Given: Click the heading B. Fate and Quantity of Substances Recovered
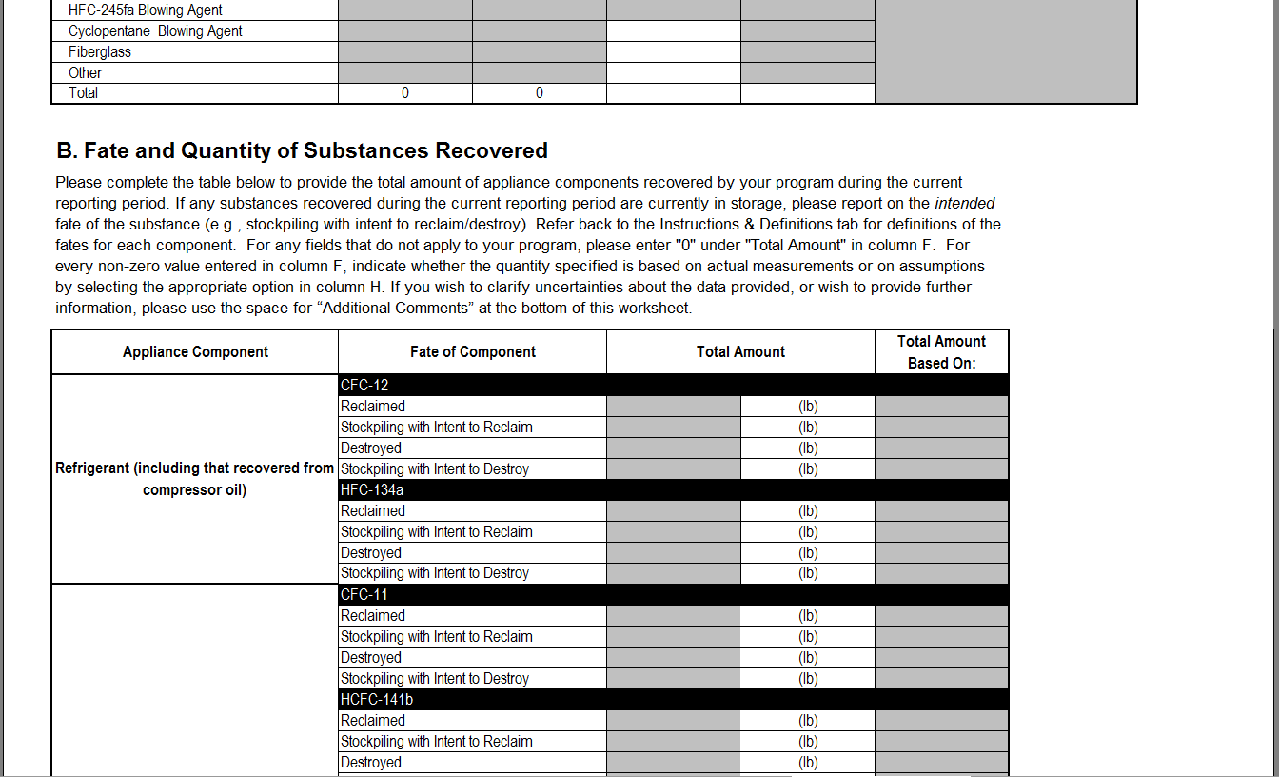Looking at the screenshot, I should [x=303, y=150].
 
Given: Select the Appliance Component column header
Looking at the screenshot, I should [x=195, y=352].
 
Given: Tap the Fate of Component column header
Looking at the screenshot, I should [x=473, y=352].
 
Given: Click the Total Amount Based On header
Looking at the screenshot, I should [x=941, y=352].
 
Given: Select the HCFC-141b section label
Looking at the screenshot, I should [x=377, y=700].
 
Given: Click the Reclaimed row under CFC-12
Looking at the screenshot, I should [x=373, y=407].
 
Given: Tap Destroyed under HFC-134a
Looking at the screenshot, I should [x=371, y=553].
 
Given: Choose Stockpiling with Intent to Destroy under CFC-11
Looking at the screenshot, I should [x=435, y=679].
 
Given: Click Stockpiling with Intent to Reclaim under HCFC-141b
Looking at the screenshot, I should [x=437, y=742].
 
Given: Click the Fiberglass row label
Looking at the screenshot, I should [x=100, y=52].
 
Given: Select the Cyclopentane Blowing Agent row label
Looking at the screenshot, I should [x=155, y=31].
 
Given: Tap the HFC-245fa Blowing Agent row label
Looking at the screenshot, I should [x=145, y=10].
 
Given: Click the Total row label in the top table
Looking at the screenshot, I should [x=83, y=93].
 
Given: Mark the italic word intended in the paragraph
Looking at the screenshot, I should [x=965, y=204].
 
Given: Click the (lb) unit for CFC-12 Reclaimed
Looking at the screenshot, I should [x=808, y=407].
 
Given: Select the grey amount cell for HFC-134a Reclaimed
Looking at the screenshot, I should [x=674, y=511].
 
